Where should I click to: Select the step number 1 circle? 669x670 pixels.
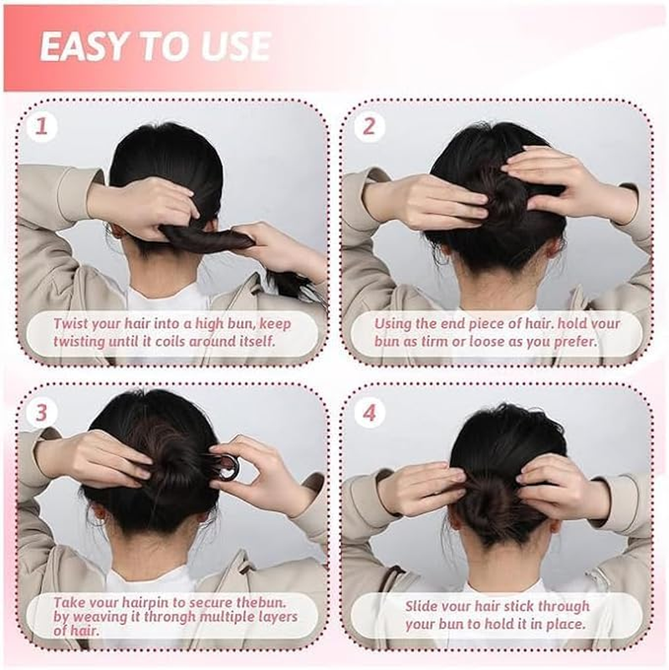click(42, 126)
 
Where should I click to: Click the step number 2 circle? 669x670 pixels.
click(369, 126)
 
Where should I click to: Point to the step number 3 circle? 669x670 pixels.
click(42, 412)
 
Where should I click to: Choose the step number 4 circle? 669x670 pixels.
click(369, 412)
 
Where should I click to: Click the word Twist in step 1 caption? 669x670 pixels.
click(70, 324)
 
